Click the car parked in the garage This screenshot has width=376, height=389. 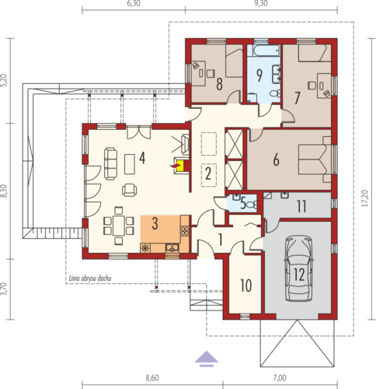pyautogui.click(x=298, y=268)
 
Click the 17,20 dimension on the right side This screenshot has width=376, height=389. pyautogui.click(x=365, y=198)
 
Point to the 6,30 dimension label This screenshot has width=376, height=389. pyautogui.click(x=134, y=3)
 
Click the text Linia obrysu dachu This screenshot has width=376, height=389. pyautogui.click(x=90, y=279)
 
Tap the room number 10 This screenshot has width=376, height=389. pyautogui.click(x=245, y=286)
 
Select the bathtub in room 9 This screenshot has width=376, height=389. pyautogui.click(x=263, y=51)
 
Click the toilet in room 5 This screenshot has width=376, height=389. pyautogui.click(x=251, y=205)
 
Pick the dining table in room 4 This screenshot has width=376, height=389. pyautogui.click(x=119, y=225)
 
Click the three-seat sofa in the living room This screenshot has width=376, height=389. pyautogui.click(x=110, y=163)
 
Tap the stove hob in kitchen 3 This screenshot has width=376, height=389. pyautogui.click(x=185, y=230)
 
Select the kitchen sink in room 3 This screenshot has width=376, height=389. pyautogui.click(x=172, y=248)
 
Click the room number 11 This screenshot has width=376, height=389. pyautogui.click(x=301, y=207)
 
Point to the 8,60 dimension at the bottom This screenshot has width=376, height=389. pyautogui.click(x=152, y=378)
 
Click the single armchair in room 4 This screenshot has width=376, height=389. pyautogui.click(x=129, y=190)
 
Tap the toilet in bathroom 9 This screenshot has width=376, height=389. pyautogui.click(x=275, y=93)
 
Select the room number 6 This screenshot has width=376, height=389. pyautogui.click(x=276, y=159)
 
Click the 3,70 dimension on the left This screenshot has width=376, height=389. pyautogui.click(x=3, y=289)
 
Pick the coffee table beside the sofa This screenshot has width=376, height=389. pyautogui.click(x=130, y=164)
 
